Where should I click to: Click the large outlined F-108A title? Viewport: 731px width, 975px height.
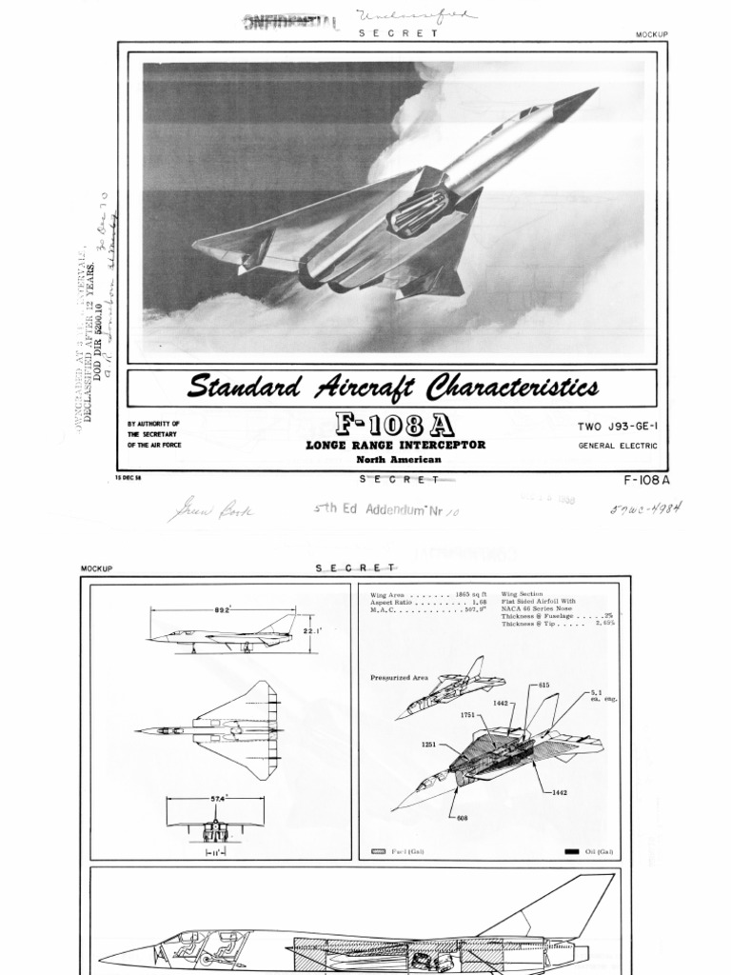[395, 424]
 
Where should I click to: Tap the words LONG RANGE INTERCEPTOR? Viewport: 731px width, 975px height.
[395, 445]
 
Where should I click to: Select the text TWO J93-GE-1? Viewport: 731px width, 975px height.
[617, 426]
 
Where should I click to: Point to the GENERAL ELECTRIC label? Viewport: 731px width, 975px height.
[617, 446]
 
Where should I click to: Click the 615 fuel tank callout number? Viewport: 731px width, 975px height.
[543, 685]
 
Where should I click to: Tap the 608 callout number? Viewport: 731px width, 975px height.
[462, 817]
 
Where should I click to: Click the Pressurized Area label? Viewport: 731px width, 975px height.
[399, 678]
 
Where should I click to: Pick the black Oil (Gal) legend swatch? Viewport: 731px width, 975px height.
[571, 851]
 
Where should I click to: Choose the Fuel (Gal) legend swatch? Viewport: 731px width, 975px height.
[378, 851]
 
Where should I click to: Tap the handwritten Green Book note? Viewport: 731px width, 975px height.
[210, 511]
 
